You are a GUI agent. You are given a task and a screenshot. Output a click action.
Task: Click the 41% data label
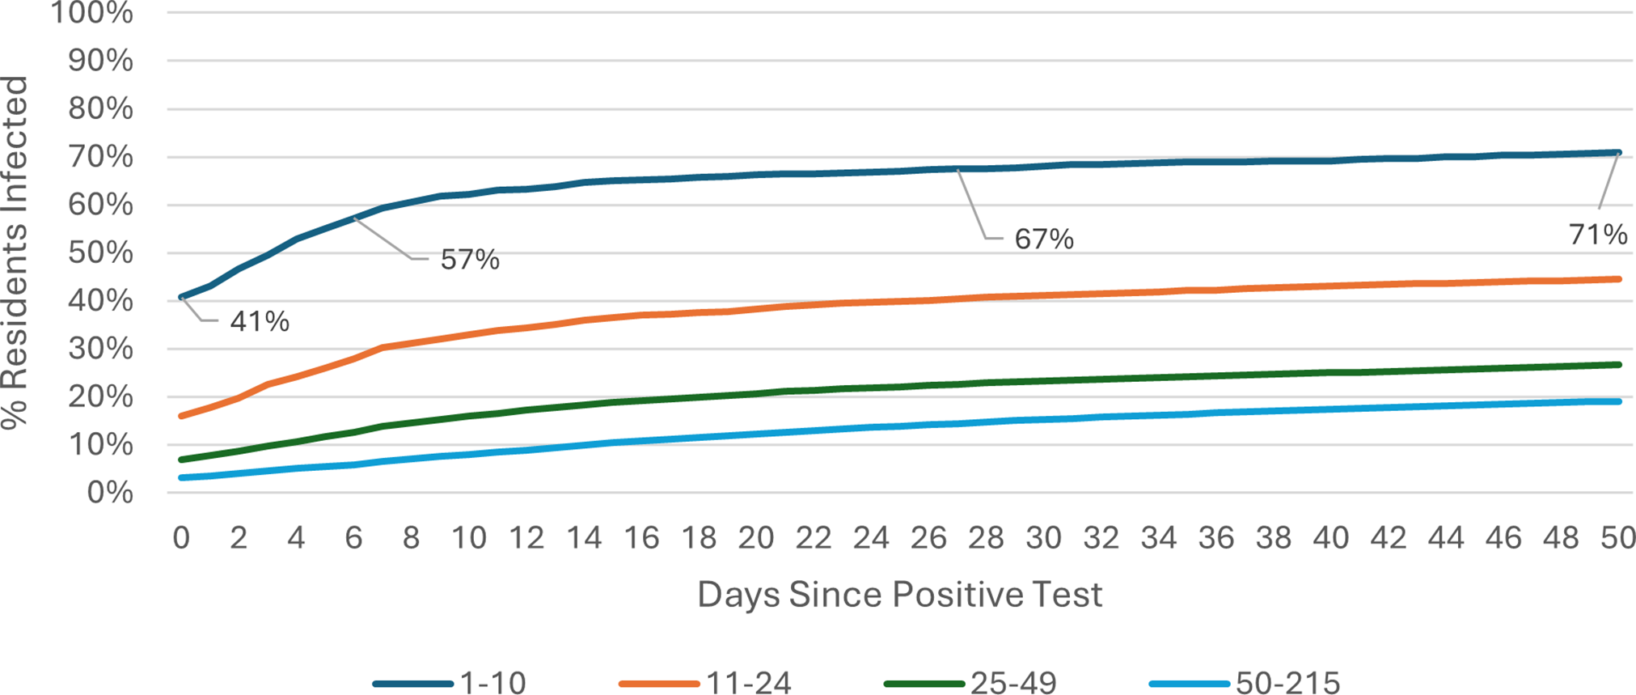tap(260, 322)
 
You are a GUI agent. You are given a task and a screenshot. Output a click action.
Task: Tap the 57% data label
tap(470, 260)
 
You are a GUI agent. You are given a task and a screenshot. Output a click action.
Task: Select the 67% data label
tap(1044, 239)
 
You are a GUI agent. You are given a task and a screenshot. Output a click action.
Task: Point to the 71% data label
tap(1598, 235)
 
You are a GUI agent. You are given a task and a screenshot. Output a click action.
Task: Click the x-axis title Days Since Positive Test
tap(899, 595)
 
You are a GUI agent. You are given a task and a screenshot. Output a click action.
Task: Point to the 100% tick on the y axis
tap(92, 13)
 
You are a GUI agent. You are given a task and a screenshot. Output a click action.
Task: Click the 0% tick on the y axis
tap(109, 492)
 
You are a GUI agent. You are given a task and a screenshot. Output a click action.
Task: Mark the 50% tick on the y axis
tap(100, 252)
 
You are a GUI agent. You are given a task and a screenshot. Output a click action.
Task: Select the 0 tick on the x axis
tap(181, 538)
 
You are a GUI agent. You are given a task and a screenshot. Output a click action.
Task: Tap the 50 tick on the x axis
tap(1618, 538)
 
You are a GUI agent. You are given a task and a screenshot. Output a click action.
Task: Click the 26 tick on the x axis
tap(928, 538)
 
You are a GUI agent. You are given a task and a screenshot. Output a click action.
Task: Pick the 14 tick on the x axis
tap(584, 538)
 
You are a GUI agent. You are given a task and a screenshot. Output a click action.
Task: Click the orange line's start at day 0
tap(181, 416)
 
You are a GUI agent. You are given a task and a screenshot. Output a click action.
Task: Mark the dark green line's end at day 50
tap(1618, 365)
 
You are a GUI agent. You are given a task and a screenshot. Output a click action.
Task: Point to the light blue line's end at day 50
tap(1618, 401)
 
